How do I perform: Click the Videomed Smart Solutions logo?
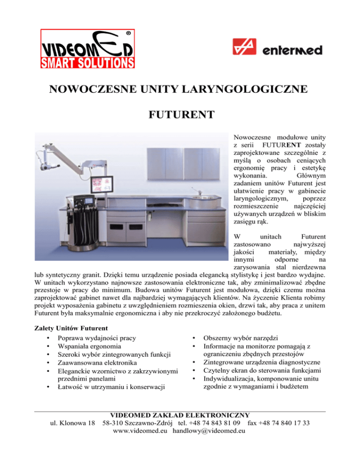click(x=88, y=50)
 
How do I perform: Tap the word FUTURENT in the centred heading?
click(x=180, y=114)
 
